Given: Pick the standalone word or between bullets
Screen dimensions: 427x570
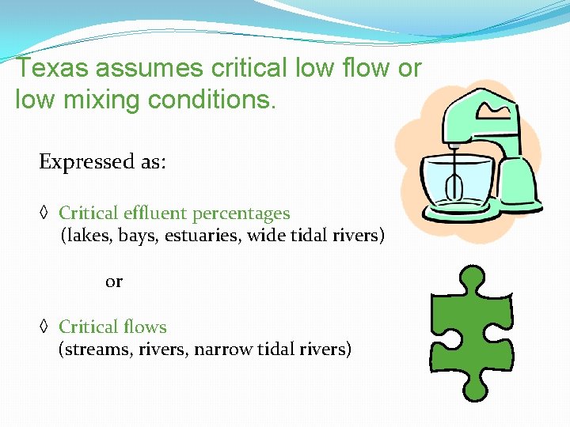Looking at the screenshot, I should tap(114, 282).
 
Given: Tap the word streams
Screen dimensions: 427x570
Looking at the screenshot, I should tap(96, 349).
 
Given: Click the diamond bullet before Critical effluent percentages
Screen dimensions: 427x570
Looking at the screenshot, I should tap(44, 213).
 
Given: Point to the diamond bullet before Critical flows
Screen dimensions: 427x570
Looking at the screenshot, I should tap(44, 327).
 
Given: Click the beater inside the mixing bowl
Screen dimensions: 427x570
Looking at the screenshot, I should tap(454, 187).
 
